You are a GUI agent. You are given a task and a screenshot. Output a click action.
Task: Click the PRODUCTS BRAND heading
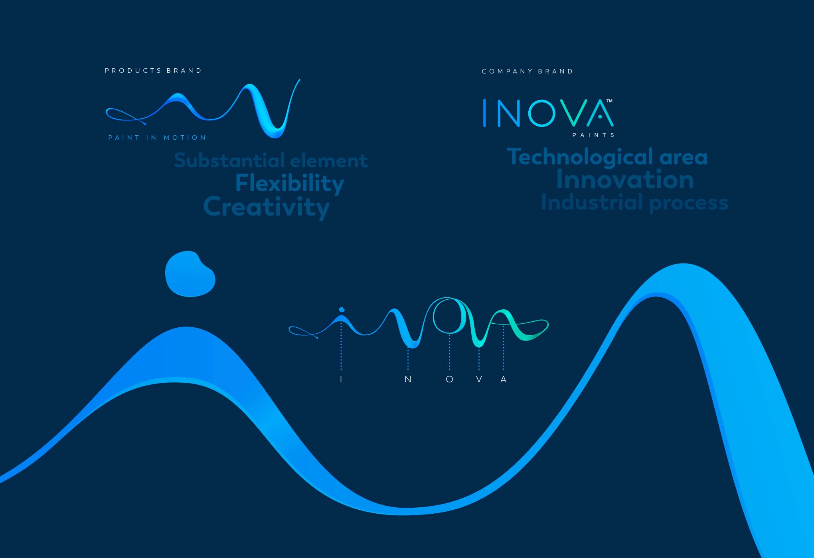153,71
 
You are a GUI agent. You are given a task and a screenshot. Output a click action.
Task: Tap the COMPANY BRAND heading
527,71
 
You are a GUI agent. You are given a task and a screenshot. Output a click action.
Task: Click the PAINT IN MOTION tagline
157,138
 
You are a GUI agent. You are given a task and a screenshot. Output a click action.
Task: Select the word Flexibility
290,183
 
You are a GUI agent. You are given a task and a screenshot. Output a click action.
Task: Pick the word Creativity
267,207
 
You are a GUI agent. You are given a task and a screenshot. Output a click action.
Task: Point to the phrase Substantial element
271,160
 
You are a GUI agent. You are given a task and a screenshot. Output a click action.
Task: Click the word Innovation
625,180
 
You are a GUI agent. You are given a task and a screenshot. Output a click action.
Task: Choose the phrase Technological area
607,157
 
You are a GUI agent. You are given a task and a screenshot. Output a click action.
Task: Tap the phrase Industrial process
634,202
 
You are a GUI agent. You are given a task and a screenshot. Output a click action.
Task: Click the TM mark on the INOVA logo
609,101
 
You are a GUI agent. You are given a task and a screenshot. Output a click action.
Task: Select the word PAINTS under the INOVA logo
593,135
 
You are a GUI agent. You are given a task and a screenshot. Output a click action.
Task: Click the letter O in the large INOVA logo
541,113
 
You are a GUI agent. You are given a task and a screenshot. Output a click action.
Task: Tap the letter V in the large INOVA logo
573,113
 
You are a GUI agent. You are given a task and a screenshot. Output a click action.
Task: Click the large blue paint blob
190,274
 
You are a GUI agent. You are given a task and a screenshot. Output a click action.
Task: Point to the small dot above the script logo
342,310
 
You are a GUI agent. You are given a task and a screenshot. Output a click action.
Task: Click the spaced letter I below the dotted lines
341,379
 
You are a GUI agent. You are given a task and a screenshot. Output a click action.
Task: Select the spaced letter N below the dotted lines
408,379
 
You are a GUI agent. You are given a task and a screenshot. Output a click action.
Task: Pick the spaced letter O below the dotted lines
449,379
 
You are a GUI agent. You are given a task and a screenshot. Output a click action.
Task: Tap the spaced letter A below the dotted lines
504,379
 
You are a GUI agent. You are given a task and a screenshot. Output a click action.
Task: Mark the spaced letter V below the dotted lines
479,379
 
